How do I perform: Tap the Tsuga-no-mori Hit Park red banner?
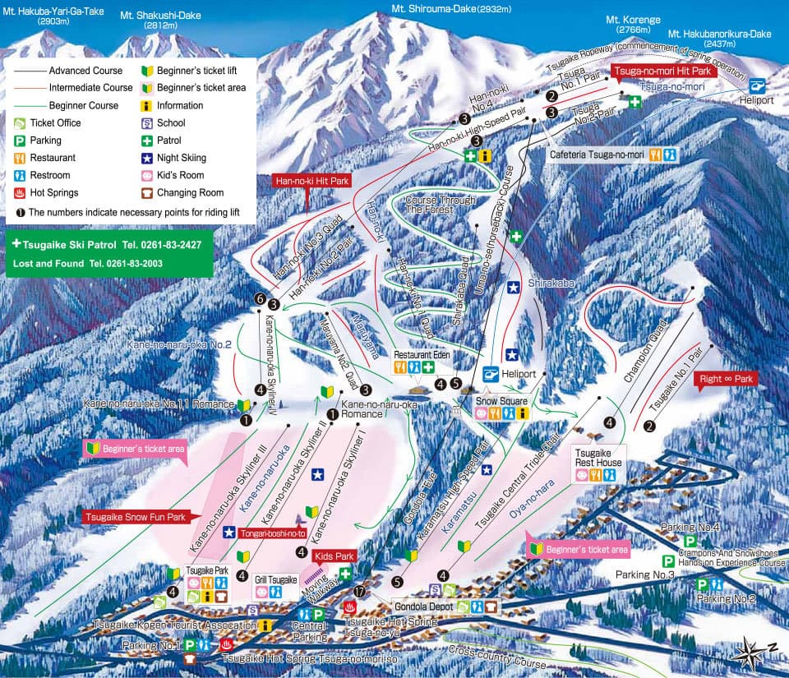pos(665,71)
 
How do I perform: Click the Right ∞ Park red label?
pos(727,380)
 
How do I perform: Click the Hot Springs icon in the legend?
pos(19,193)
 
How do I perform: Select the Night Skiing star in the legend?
pos(145,158)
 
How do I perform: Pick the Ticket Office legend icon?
pos(19,123)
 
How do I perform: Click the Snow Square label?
pos(500,401)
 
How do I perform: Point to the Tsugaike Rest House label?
pos(598,458)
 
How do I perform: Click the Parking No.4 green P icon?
pos(691,542)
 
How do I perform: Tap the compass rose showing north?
pos(755,654)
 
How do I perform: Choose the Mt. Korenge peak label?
pos(628,19)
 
